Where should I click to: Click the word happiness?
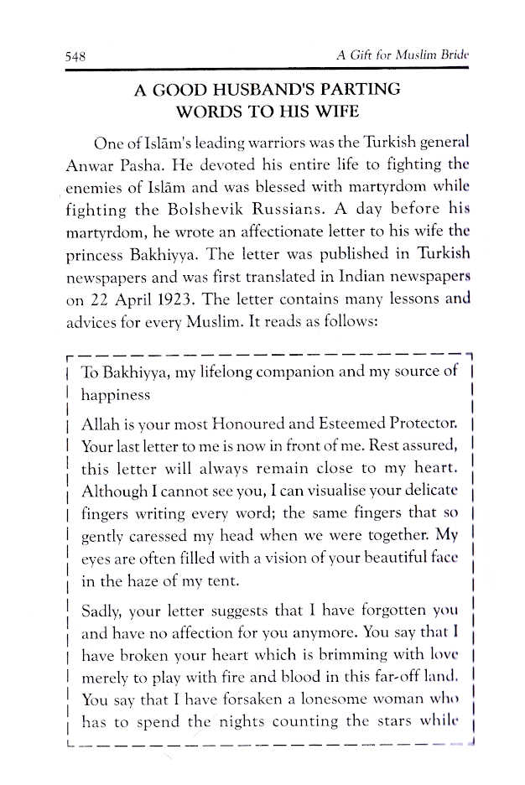116,394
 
